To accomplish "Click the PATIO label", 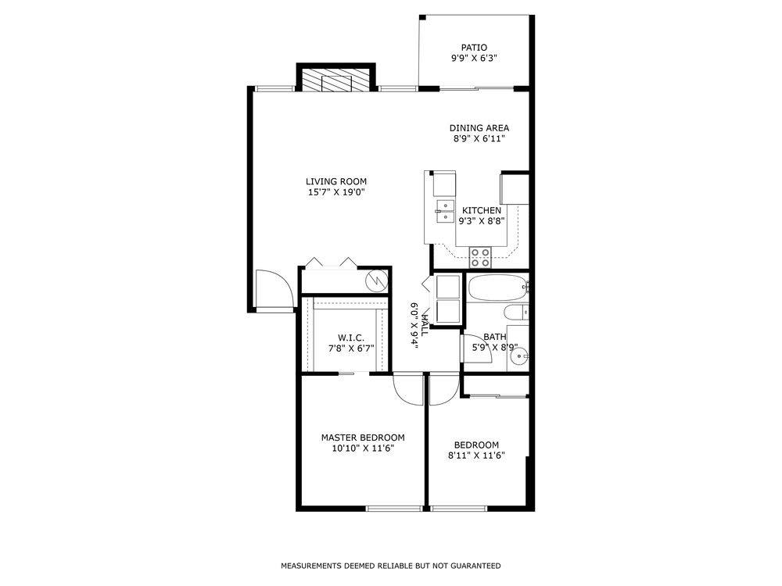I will tap(474, 47).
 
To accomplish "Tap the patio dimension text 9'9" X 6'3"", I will tap(474, 59).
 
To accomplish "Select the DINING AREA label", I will tap(479, 127).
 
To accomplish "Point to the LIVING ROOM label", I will tap(337, 181).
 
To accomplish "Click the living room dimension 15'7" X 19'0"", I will tap(337, 192).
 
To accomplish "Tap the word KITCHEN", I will tap(482, 210).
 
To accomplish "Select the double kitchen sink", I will tap(445, 211).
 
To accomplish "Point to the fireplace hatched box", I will tap(335, 80).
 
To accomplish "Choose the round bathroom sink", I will tap(518, 357).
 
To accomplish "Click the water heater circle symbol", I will tap(376, 279).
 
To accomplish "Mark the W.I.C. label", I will tap(346, 338).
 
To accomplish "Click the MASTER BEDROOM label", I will tap(363, 438).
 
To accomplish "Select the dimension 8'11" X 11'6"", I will tap(476, 456).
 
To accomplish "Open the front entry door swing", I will tap(272, 290).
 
